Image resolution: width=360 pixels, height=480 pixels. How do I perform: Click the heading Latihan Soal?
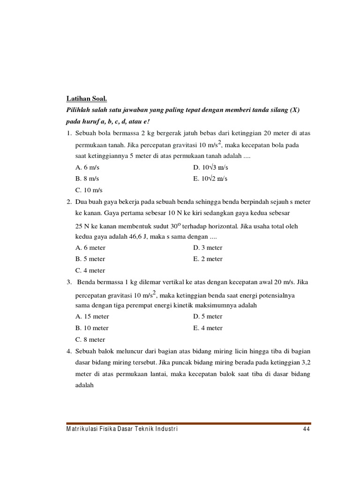coord(86,99)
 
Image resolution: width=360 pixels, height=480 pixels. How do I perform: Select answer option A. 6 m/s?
coord(87,167)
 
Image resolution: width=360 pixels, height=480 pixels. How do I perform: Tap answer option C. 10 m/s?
coord(89,190)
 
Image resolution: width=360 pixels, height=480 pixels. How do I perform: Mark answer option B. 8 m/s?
coord(87,179)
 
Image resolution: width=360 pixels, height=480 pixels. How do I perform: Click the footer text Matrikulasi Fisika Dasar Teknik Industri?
coord(122,429)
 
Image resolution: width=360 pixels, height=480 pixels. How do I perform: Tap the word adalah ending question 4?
coord(85,385)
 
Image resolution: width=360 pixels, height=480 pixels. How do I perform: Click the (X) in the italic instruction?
coord(294,110)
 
